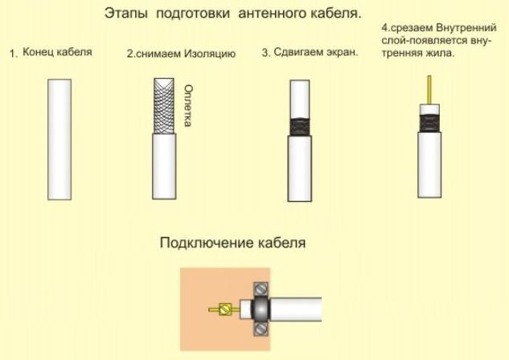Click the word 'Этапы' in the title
[126, 14]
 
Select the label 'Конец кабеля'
[57, 52]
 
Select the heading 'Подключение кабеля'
[233, 242]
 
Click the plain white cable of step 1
[61, 139]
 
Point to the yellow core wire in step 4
[426, 88]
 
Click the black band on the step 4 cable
[426, 121]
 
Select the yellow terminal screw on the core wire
[227, 308]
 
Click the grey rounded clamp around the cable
[261, 309]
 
